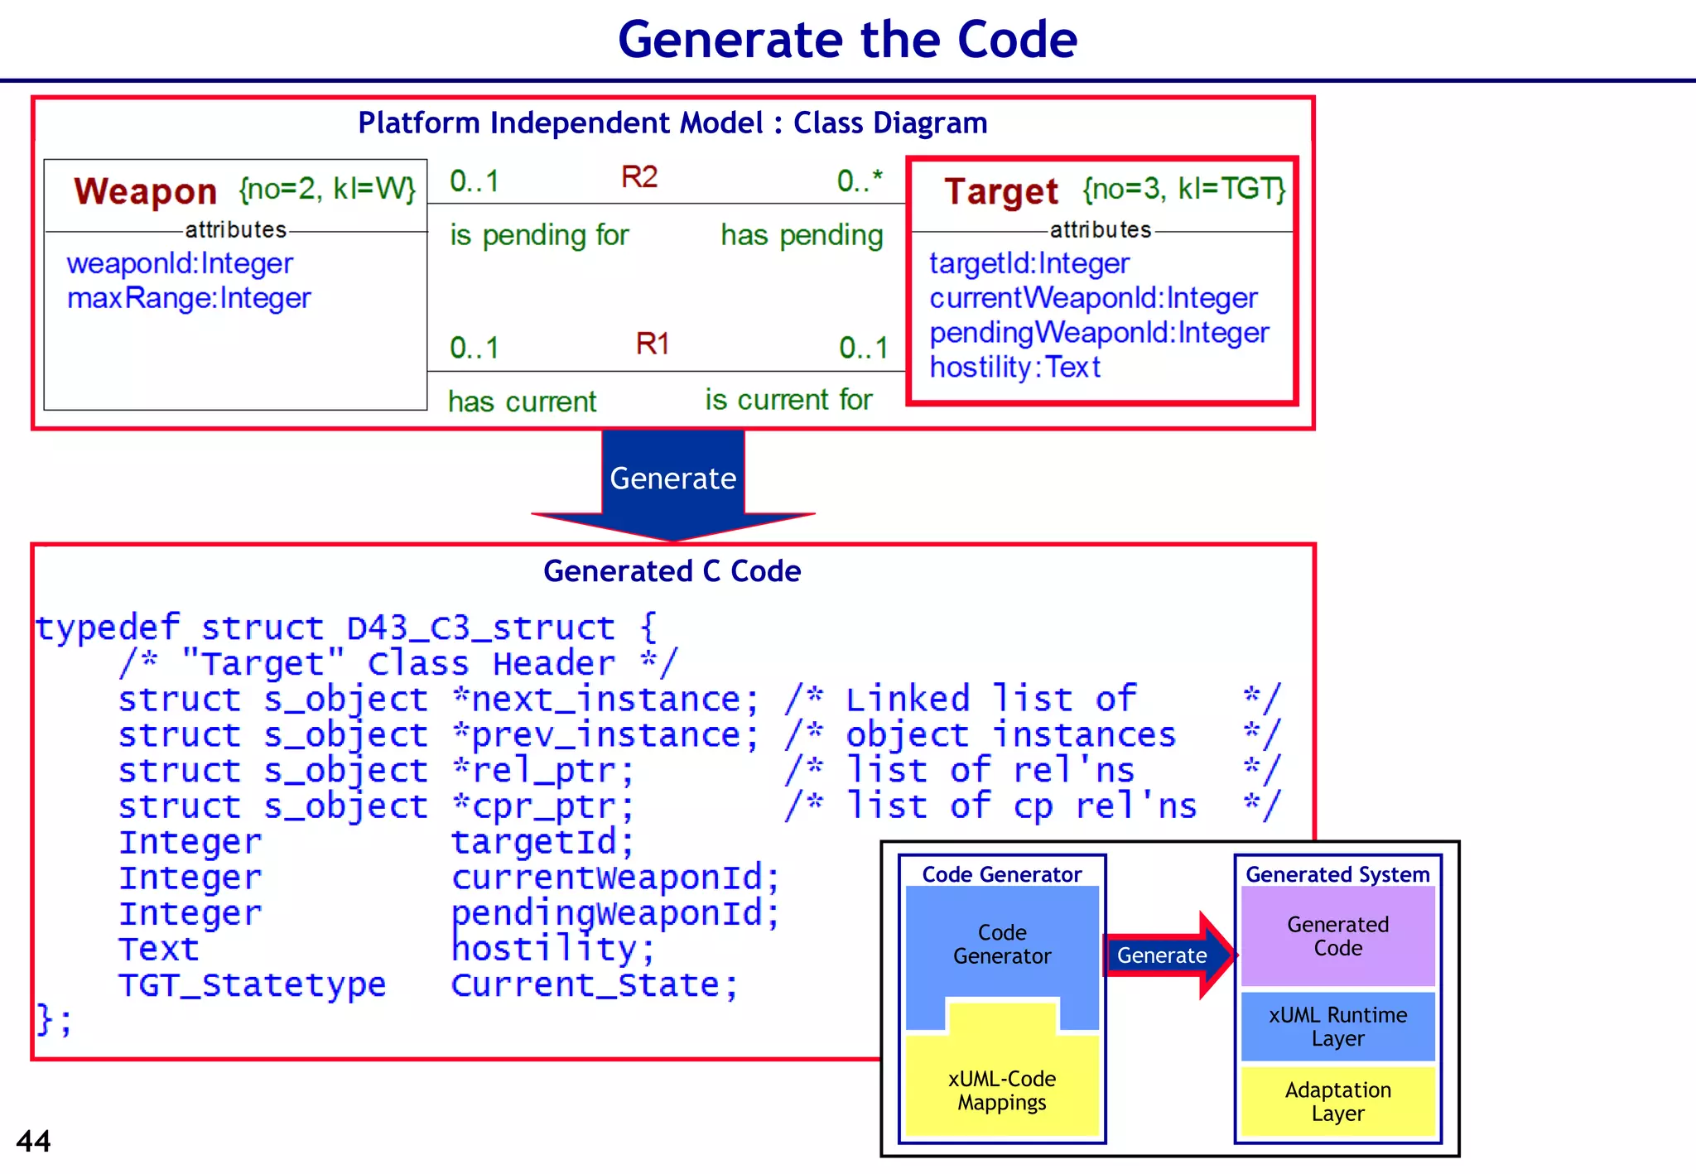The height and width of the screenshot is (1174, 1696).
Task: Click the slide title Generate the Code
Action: tap(847, 40)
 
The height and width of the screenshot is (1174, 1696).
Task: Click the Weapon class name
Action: tap(145, 191)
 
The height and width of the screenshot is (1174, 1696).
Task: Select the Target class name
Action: tap(1000, 191)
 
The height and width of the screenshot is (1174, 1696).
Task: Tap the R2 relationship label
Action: tap(639, 177)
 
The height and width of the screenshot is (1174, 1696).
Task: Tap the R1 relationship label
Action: tap(653, 344)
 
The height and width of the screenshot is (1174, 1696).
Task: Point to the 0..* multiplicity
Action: tap(860, 180)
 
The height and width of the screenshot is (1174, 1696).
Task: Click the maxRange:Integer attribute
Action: tap(189, 298)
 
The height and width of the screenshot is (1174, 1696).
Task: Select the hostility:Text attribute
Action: tap(1014, 367)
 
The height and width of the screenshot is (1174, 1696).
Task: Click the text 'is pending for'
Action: tap(539, 235)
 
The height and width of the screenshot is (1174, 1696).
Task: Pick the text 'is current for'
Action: tap(788, 400)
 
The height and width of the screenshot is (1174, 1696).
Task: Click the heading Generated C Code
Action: tap(672, 571)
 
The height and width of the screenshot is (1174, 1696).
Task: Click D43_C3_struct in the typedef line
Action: tap(480, 628)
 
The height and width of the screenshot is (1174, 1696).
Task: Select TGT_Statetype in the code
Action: tap(252, 984)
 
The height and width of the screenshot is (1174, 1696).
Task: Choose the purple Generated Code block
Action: tap(1337, 936)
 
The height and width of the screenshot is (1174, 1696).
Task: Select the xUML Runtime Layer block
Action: tap(1337, 1027)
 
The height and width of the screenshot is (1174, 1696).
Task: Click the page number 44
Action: tap(33, 1141)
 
